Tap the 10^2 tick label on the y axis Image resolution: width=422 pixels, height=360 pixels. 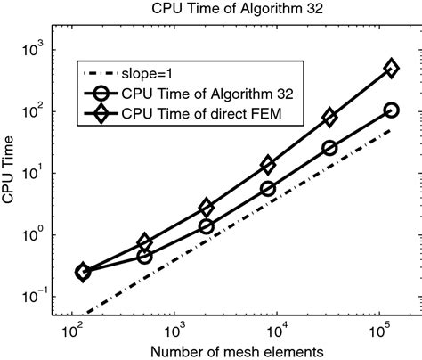point(37,111)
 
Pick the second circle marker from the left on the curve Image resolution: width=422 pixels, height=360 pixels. point(144,256)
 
